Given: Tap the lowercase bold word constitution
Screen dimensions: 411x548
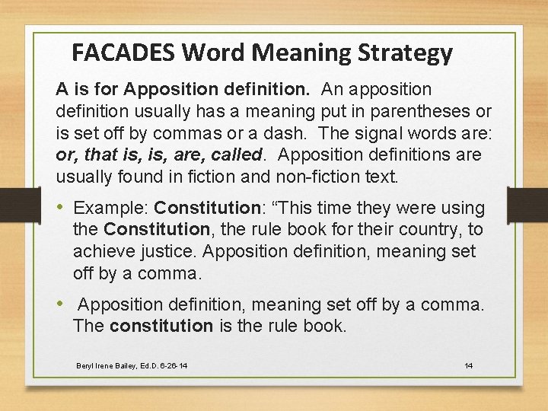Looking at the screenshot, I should [x=161, y=327].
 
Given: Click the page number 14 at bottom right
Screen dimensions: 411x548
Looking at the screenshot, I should [x=469, y=366].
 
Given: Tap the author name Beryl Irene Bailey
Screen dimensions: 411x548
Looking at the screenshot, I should [x=110, y=366].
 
